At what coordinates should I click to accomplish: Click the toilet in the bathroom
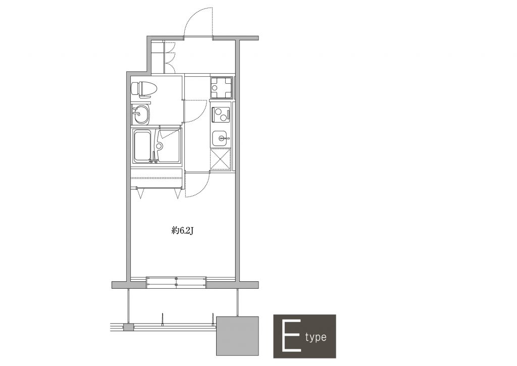click(x=144, y=89)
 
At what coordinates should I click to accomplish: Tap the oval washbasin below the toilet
click(x=141, y=115)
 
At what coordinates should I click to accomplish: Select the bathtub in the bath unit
click(x=142, y=146)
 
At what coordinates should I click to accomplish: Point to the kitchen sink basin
click(x=220, y=138)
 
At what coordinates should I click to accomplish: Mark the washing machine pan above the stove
click(x=221, y=87)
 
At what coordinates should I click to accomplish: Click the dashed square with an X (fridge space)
click(x=220, y=159)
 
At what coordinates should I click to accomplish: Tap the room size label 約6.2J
click(x=182, y=231)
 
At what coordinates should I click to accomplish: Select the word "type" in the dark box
click(x=316, y=337)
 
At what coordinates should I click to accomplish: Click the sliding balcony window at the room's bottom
click(x=176, y=283)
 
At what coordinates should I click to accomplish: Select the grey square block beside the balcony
click(x=237, y=336)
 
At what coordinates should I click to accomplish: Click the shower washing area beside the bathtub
click(x=168, y=146)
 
